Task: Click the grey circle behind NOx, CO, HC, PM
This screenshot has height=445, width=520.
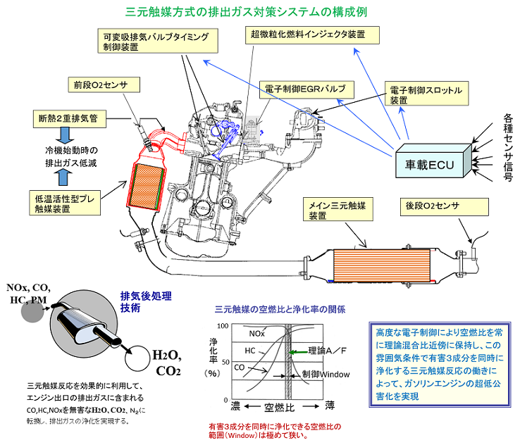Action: pos(33,311)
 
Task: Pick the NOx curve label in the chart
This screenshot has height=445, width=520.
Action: pos(259,332)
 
